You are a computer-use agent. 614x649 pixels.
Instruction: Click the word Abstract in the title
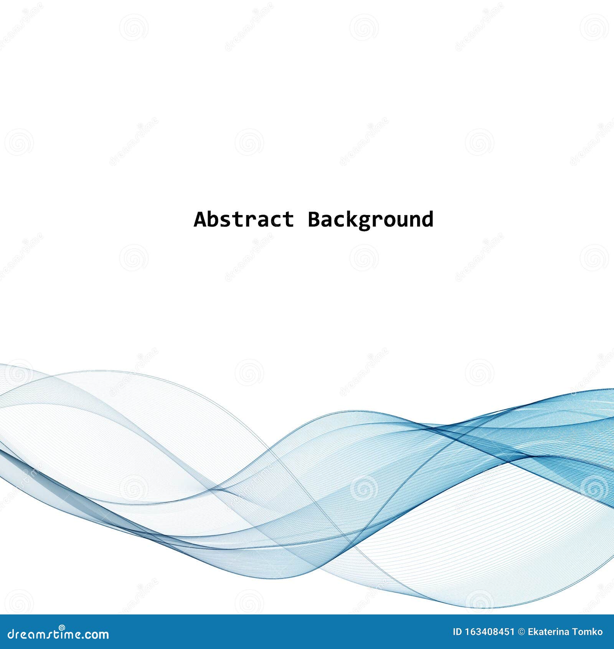pyautogui.click(x=244, y=220)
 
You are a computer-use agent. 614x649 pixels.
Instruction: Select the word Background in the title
pyautogui.click(x=370, y=220)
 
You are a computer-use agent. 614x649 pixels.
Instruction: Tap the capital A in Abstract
pyautogui.click(x=200, y=220)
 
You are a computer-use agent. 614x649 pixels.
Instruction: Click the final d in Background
pyautogui.click(x=428, y=220)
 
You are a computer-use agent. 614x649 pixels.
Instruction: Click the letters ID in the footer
pyautogui.click(x=457, y=631)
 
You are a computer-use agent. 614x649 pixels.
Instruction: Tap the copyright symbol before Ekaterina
pyautogui.click(x=521, y=631)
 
